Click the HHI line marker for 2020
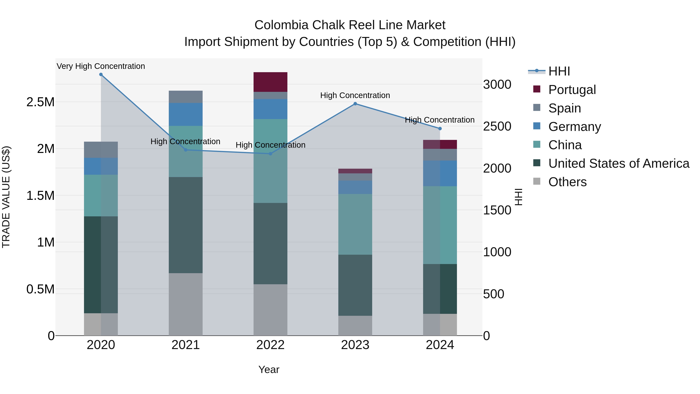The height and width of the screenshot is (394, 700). tap(101, 75)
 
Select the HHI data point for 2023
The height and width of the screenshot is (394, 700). tap(355, 104)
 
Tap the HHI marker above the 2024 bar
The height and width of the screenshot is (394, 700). tap(440, 129)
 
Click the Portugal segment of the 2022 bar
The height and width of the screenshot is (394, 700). tap(270, 82)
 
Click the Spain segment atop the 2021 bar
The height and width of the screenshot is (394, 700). tap(186, 97)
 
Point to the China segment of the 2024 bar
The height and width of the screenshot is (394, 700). tap(440, 225)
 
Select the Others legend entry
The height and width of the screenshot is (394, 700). tap(567, 182)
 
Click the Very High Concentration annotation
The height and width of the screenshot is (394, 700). tap(101, 66)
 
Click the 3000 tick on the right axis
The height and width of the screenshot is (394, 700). tap(497, 85)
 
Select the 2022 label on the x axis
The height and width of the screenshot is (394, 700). tap(270, 345)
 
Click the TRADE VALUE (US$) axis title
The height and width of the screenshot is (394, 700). tap(6, 197)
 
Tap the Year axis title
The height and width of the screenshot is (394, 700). tap(269, 369)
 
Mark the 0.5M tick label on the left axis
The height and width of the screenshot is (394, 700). tap(40, 289)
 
